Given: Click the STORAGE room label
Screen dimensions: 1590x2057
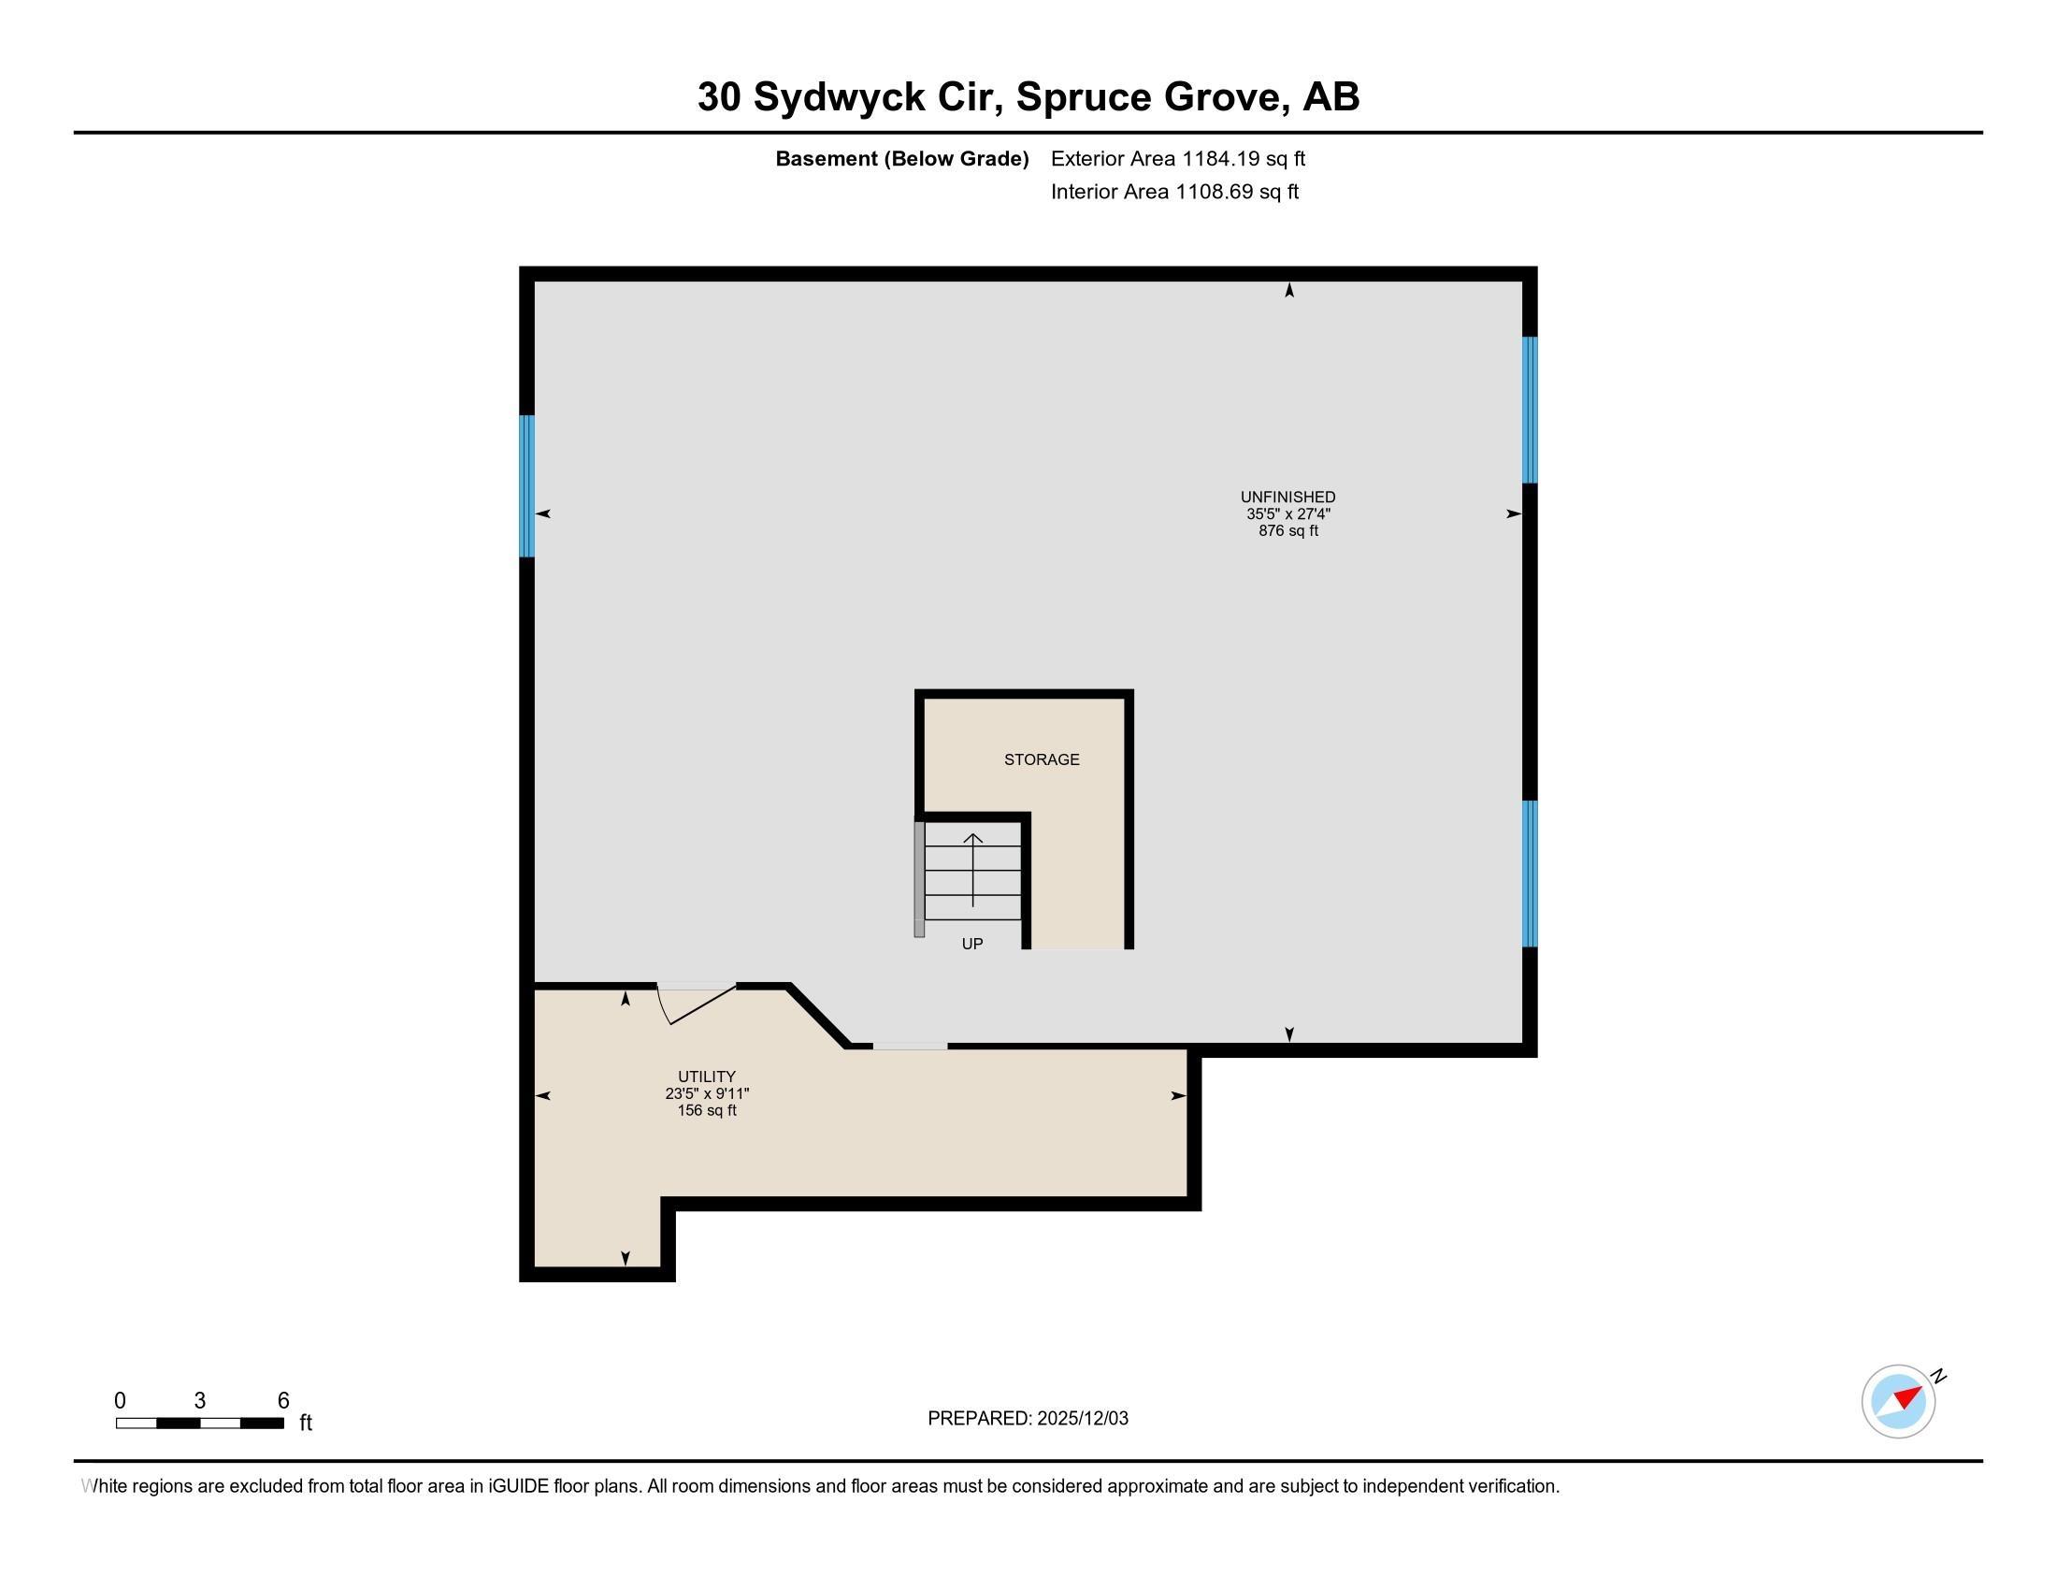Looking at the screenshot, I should pos(1041,759).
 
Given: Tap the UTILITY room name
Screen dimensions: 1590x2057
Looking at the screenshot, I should pos(706,1076).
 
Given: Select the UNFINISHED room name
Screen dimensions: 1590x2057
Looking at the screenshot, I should pos(1287,497).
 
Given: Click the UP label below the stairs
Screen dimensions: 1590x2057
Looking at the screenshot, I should pos(972,943).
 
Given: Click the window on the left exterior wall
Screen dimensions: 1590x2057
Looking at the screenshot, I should pos(527,486).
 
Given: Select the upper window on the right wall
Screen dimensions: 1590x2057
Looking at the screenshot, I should pos(1530,410).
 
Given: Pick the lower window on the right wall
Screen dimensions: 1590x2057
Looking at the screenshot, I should pos(1530,874).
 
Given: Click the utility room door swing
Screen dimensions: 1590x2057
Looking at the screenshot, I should pos(697,1003).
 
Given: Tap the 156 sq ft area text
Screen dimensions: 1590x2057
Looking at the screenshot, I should pos(706,1110).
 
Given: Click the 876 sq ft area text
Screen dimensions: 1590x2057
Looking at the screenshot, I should pos(1287,531).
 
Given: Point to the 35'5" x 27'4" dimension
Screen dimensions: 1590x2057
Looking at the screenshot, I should pos(1287,514).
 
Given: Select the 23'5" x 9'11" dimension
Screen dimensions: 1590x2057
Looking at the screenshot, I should pos(706,1093).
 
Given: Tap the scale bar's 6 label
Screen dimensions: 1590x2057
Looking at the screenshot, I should pos(282,1401).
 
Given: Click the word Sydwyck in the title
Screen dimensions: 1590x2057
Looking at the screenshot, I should pos(839,97).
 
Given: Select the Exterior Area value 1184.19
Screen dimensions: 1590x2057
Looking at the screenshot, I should pos(1220,158).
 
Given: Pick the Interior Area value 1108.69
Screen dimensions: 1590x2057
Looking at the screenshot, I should pos(1214,191).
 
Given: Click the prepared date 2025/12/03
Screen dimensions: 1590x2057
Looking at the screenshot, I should pos(1082,1419).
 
